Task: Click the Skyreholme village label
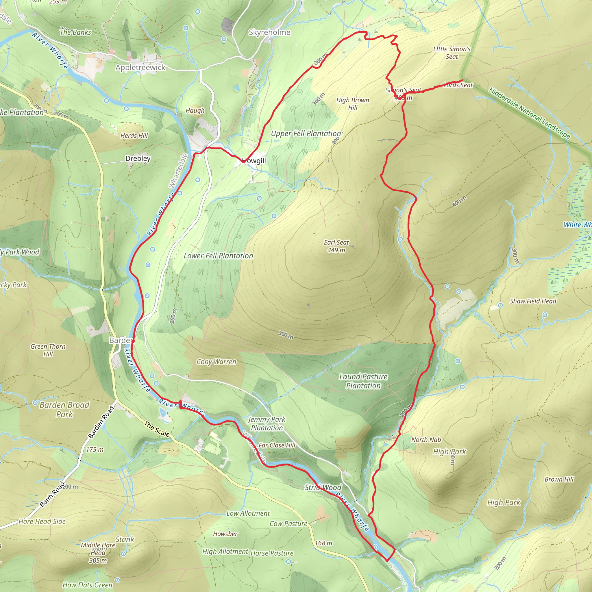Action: point(269,32)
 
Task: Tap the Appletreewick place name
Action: point(140,67)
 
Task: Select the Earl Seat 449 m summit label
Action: point(336,246)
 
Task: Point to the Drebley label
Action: point(138,158)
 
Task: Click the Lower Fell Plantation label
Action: point(218,256)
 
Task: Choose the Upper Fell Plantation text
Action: point(306,133)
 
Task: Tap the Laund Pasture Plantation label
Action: point(363,381)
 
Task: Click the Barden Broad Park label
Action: point(64,409)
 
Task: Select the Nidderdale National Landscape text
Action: point(529,113)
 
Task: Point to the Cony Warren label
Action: point(216,362)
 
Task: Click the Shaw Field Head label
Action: point(533,301)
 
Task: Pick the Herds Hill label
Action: point(134,136)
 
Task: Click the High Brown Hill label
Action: point(352,103)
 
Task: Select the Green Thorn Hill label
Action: point(48,350)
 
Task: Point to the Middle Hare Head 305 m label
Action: point(98,553)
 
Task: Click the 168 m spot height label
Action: point(323,543)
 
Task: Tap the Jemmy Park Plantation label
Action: point(267,423)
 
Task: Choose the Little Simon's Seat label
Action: point(452,53)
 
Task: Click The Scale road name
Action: point(157,429)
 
